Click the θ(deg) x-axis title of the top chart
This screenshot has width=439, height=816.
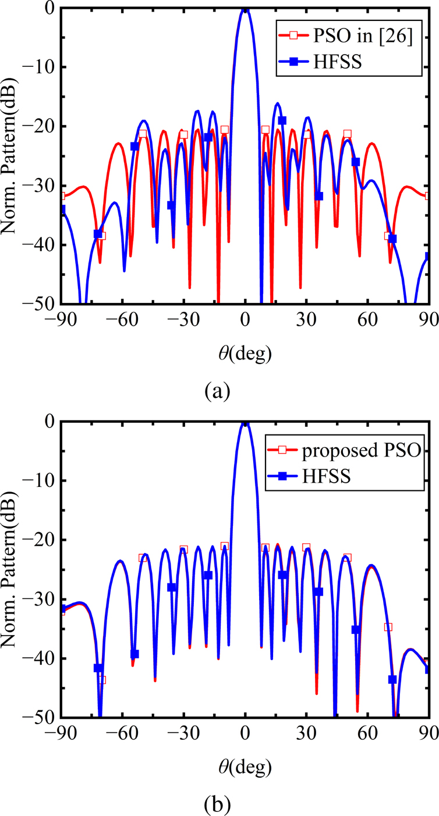coord(245,352)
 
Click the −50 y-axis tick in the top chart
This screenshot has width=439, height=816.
coord(39,304)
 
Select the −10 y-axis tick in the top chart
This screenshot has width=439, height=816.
coord(39,67)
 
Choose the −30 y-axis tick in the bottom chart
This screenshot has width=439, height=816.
coord(39,599)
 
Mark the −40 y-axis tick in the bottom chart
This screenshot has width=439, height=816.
coord(39,658)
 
